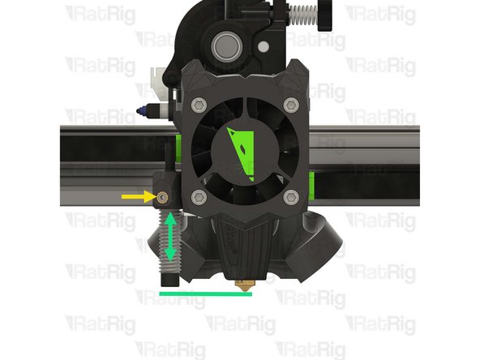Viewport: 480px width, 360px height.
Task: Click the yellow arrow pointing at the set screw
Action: (135, 196)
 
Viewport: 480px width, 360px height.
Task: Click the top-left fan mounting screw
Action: (197, 103)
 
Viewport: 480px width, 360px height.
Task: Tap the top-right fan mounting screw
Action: (290, 103)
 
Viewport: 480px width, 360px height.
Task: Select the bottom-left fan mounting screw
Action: (197, 196)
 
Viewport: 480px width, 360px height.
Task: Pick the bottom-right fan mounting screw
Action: (290, 196)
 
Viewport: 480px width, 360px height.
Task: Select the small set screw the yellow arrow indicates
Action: (162, 196)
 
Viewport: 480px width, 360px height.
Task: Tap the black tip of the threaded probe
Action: (170, 279)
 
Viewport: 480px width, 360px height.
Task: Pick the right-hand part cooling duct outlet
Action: (320, 247)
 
